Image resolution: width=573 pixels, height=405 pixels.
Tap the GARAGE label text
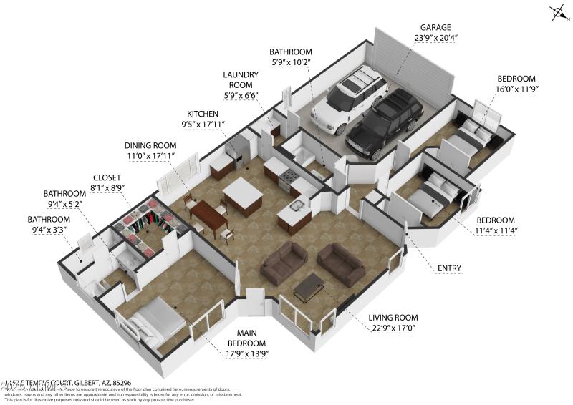click(x=435, y=28)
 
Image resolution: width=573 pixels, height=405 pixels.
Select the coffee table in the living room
click(x=309, y=287)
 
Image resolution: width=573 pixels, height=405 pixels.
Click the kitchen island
click(x=242, y=197)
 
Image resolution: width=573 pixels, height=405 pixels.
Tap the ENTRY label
click(x=451, y=269)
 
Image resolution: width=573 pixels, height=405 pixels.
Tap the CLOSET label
click(x=107, y=177)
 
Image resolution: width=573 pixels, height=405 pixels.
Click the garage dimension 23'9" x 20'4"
click(x=435, y=39)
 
